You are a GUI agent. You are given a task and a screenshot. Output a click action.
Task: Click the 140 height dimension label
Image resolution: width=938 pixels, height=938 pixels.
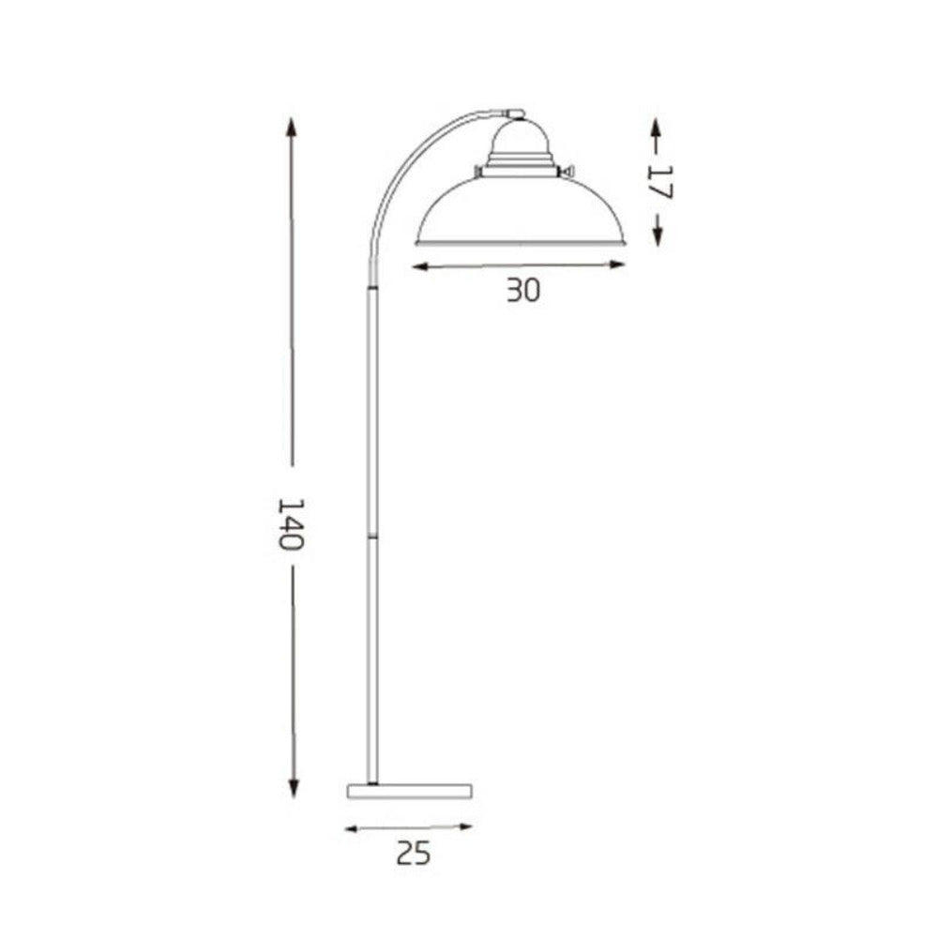(x=292, y=522)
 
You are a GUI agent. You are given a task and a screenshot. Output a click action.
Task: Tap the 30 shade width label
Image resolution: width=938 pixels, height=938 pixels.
(x=523, y=291)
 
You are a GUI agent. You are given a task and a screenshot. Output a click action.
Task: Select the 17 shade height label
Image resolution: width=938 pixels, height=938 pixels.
(x=659, y=180)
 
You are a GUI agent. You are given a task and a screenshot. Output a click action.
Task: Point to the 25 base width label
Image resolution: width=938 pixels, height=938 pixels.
(x=413, y=853)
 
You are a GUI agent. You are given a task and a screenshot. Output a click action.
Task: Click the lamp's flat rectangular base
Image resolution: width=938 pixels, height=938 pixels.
(x=409, y=791)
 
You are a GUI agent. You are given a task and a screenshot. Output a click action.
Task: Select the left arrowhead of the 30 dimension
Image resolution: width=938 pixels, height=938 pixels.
(x=420, y=267)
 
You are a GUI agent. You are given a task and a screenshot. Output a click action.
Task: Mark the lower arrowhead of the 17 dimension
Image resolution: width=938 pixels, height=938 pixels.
(x=658, y=240)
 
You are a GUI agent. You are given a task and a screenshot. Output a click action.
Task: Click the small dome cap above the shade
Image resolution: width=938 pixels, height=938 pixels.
(x=520, y=141)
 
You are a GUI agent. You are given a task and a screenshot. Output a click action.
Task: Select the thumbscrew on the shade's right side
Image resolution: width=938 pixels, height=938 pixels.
(x=566, y=172)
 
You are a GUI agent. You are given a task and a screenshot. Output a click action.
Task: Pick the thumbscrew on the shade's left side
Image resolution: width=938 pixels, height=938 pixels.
(x=478, y=172)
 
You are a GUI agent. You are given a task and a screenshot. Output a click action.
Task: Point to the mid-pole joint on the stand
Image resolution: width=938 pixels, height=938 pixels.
(x=373, y=536)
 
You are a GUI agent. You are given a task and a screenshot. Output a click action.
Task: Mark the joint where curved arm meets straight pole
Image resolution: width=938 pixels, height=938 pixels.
(x=373, y=286)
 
